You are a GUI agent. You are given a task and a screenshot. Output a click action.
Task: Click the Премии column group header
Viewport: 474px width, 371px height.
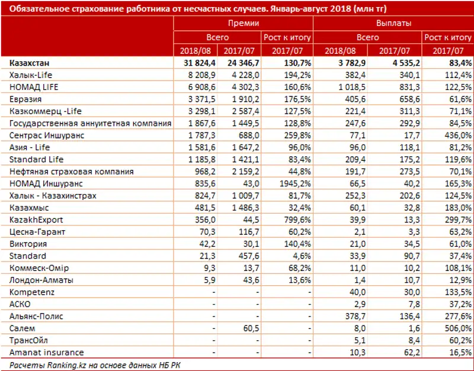[x=243, y=23]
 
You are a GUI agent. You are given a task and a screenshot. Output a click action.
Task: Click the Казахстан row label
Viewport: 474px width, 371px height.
[x=30, y=63]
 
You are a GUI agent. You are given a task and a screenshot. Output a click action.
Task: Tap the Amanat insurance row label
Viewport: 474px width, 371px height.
[x=47, y=352]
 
